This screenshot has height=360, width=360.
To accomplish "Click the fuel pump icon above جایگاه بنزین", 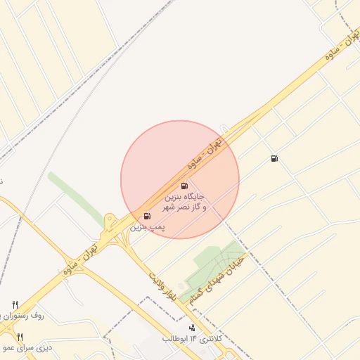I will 184,186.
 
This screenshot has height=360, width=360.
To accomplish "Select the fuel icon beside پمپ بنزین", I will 147,217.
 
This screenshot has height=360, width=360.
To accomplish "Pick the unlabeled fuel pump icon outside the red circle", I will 274,158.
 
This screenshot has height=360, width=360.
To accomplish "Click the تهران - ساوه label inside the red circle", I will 204,155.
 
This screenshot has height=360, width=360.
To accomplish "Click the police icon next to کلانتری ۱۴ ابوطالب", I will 192,328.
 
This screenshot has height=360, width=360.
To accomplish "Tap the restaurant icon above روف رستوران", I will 15,304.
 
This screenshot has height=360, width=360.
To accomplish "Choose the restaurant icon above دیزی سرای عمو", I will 20,337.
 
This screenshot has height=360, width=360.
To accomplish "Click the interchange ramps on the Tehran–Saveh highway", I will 112,229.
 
